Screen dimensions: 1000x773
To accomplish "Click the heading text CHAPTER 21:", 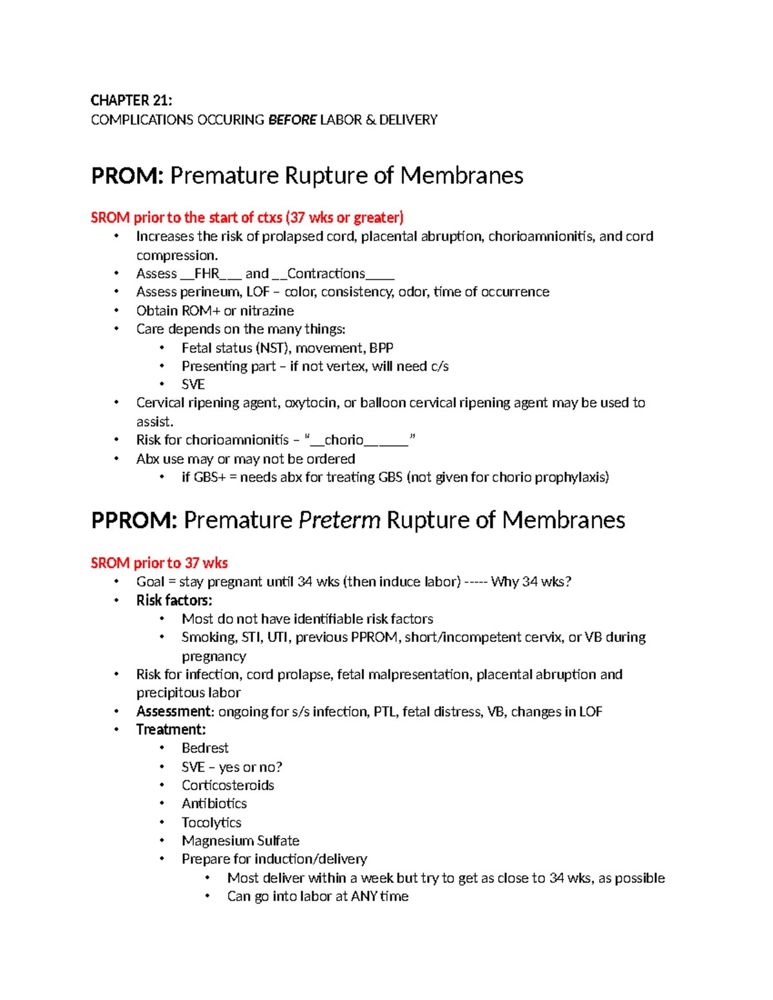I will tap(131, 100).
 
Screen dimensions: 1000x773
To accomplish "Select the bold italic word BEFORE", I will tap(292, 120).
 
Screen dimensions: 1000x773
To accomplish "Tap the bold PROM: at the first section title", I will tap(128, 176).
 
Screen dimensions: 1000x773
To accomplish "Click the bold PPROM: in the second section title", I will tap(134, 520).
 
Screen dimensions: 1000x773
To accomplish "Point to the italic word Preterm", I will tap(339, 520).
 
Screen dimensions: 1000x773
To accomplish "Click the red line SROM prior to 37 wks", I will tap(159, 563).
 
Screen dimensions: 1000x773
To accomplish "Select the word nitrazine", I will tap(267, 311).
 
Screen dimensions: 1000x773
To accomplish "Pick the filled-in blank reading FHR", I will tap(207, 274).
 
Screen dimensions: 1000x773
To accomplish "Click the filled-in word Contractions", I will tap(326, 274).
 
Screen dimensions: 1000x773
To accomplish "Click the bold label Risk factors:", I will tap(174, 600).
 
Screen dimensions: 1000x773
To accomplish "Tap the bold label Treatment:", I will tap(171, 730).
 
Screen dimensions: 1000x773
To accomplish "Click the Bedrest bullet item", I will tap(205, 748).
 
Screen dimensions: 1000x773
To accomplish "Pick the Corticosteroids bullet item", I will tap(228, 786).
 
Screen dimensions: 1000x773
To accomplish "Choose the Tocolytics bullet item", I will tap(211, 822).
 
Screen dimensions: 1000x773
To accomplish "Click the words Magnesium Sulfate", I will tap(240, 841).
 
